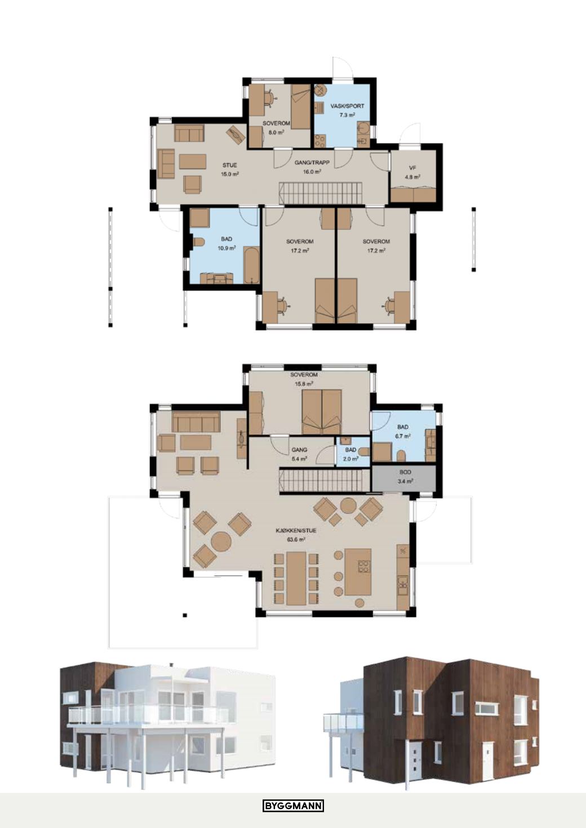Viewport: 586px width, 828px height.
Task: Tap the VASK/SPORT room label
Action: [x=348, y=106]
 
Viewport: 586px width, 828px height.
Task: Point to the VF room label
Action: [x=412, y=168]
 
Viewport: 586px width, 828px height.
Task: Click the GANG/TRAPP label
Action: [x=312, y=162]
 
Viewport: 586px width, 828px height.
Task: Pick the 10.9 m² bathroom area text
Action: [x=227, y=248]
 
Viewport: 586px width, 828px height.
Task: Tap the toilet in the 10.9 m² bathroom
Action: [x=198, y=242]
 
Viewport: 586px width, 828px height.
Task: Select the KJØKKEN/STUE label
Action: [x=296, y=530]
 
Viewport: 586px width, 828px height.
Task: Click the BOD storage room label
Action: [x=405, y=472]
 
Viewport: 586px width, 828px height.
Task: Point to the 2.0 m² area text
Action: [x=350, y=459]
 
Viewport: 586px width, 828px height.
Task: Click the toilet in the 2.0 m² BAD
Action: [x=364, y=451]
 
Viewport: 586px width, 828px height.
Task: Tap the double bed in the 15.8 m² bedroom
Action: [x=322, y=412]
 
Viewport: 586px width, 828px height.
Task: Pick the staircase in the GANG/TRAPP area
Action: [x=319, y=193]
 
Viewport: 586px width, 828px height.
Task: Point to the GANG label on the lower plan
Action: [x=299, y=450]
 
